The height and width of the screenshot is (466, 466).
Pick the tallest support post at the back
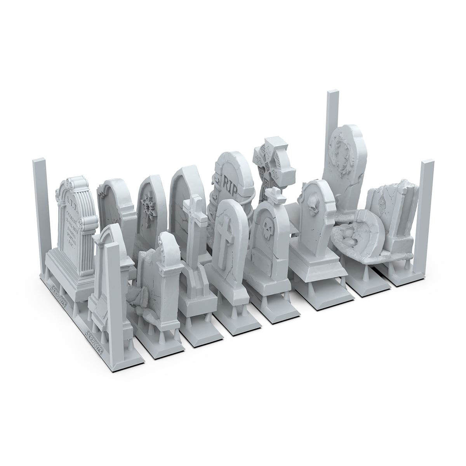click(333, 128)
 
